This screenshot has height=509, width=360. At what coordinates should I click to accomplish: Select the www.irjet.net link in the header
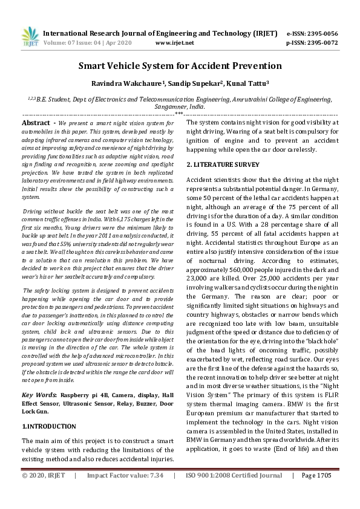[175, 43]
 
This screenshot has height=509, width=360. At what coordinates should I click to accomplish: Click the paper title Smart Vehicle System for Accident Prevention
[180, 65]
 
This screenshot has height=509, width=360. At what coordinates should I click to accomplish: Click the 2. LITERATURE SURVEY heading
[223, 164]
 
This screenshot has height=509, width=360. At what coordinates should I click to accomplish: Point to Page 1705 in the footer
[316, 493]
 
